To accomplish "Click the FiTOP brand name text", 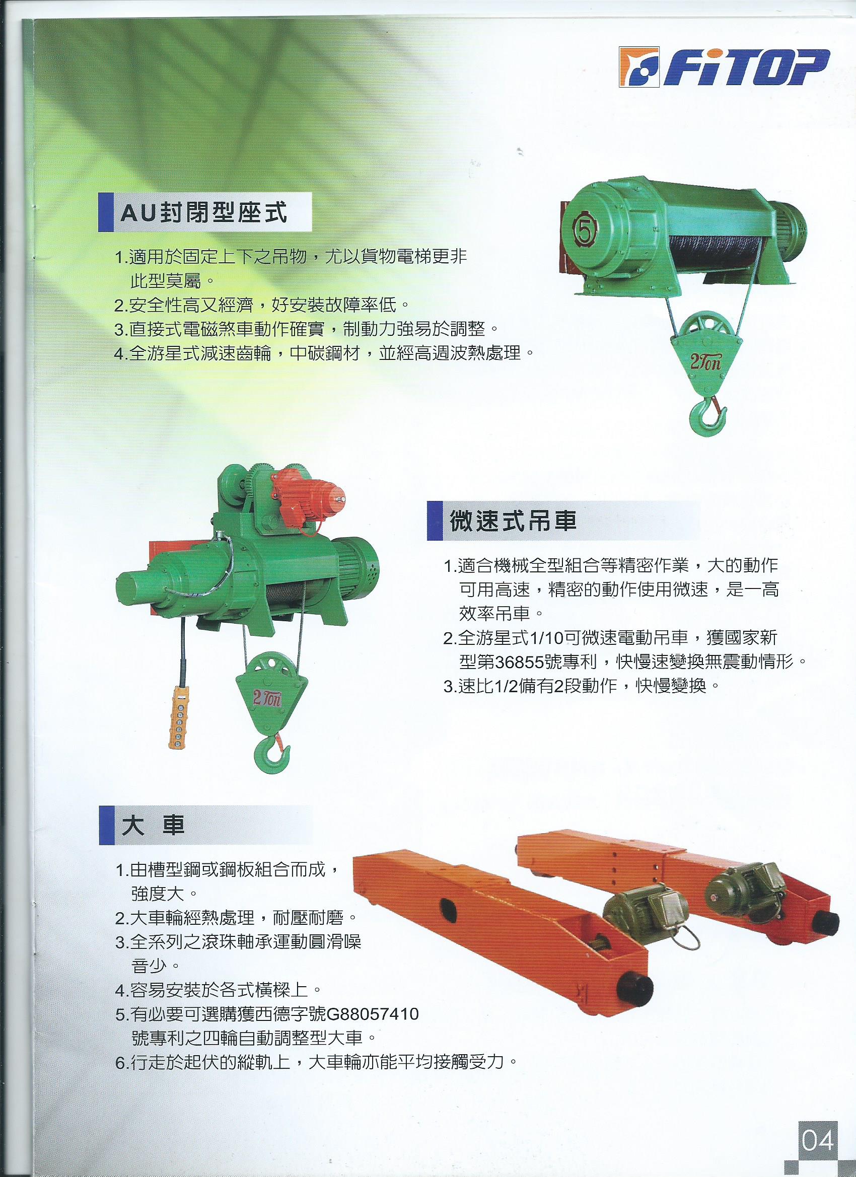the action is click(x=746, y=68).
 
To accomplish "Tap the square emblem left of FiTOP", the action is click(x=639, y=67).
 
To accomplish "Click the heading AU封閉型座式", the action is click(x=203, y=212).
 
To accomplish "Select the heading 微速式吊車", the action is click(x=513, y=521).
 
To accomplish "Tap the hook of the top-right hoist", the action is click(x=707, y=414).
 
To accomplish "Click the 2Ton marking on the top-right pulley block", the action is click(x=705, y=362).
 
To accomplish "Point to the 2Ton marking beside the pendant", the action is click(x=268, y=699).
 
